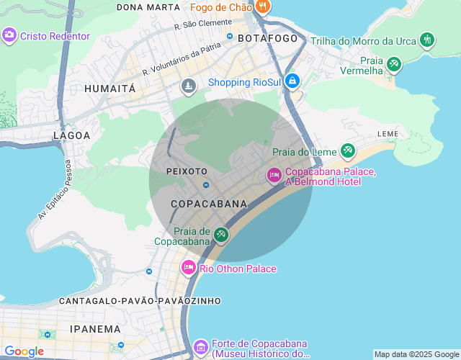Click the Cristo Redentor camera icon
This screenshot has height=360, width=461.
tap(9, 35)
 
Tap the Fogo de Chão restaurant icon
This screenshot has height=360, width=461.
tap(262, 7)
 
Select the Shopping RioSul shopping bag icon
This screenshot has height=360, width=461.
tap(292, 81)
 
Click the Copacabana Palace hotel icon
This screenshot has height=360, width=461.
tap(274, 175)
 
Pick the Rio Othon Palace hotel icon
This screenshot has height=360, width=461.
tap(189, 268)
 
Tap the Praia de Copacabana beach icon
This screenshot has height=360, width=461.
tap(220, 235)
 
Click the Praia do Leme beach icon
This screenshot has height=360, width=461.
tap(348, 150)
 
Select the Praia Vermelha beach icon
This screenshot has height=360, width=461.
tap(393, 64)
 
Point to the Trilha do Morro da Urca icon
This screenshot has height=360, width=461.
tap(427, 40)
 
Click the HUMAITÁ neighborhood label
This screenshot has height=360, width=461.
tap(109, 89)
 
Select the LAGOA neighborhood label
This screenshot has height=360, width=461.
tap(72, 135)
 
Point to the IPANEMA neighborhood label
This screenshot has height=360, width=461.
tap(95, 329)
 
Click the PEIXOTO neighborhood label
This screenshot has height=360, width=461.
tap(187, 171)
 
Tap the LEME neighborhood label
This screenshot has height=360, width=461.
tap(388, 134)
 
